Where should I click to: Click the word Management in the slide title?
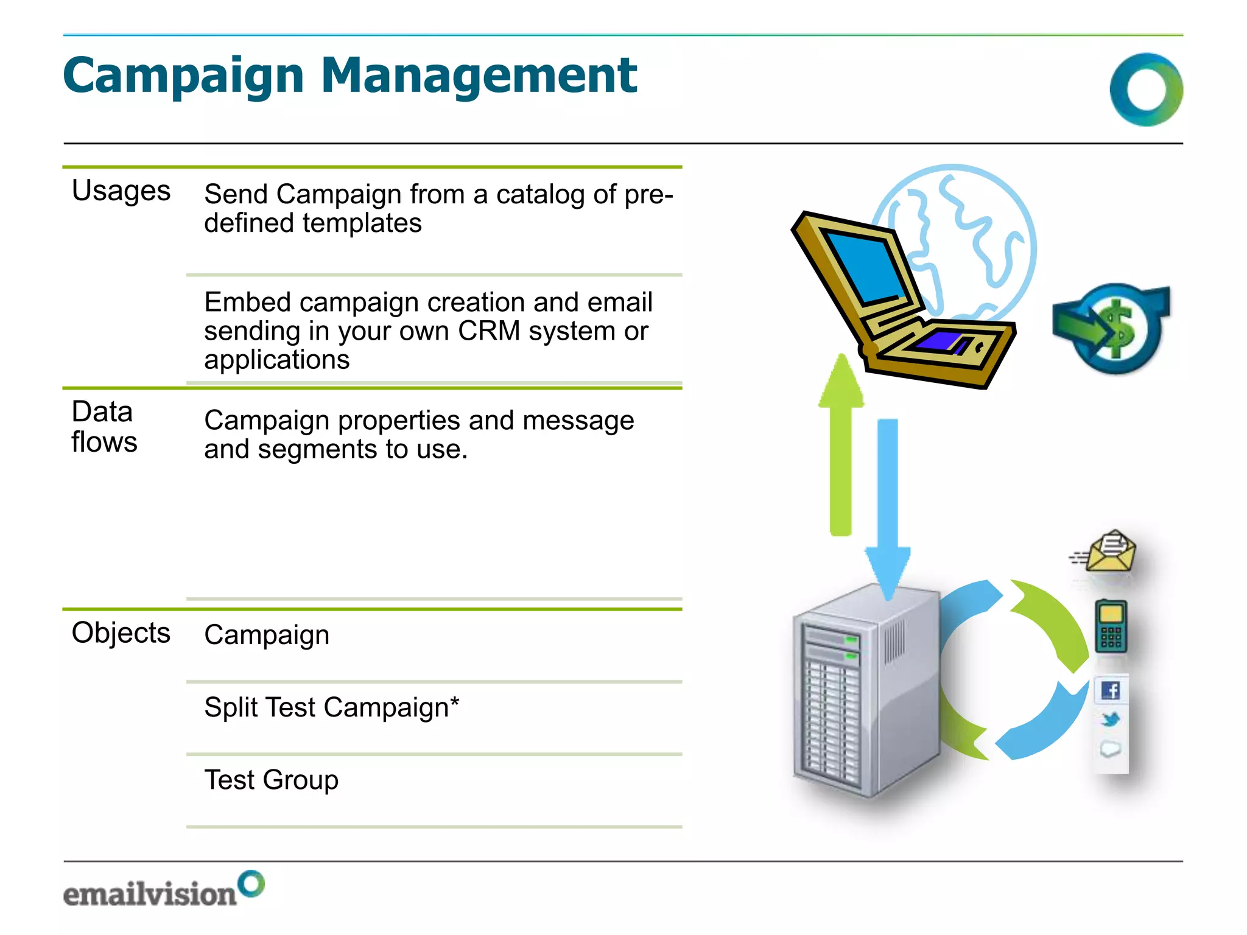pos(479,76)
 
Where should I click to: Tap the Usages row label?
pos(121,191)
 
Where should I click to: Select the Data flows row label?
pos(104,426)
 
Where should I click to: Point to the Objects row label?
pos(121,632)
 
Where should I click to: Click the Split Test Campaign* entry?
pos(331,707)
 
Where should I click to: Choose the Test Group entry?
pos(271,780)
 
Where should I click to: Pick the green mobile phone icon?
pos(1111,626)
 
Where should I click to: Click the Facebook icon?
pos(1111,690)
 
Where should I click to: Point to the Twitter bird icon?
pos(1111,720)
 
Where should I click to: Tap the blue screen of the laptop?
pos(865,268)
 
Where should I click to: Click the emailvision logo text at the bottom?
pos(150,894)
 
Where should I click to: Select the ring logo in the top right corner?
pos(1146,89)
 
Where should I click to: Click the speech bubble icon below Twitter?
pos(1111,749)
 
